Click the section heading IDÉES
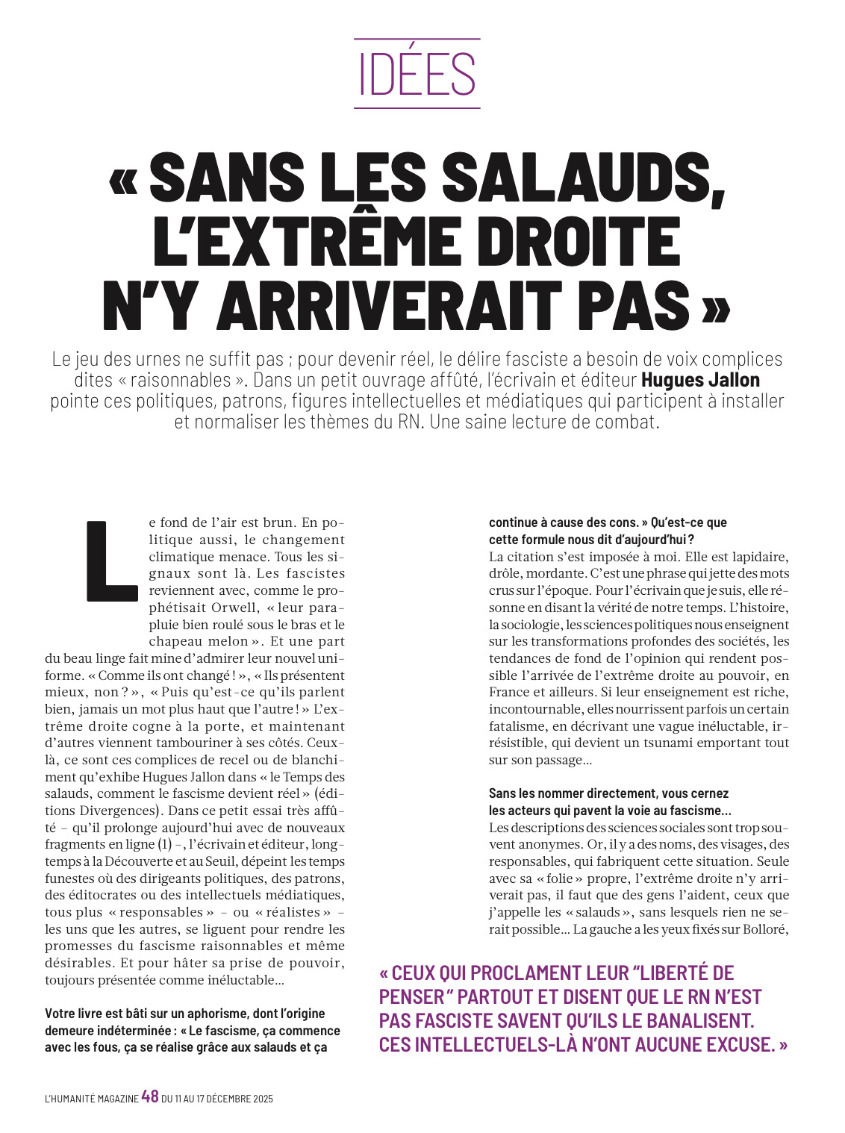coord(417,73)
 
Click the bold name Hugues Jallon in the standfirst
coord(700,380)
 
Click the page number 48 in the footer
coord(149,1097)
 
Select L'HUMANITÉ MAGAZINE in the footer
coord(91,1099)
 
